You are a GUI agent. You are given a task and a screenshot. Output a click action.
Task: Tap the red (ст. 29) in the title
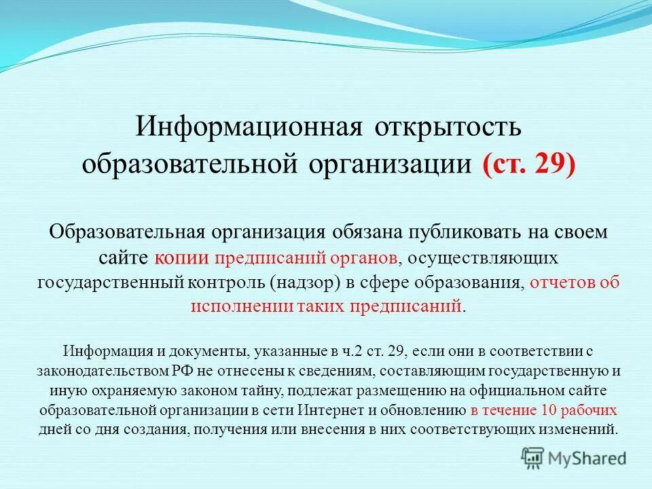(528, 165)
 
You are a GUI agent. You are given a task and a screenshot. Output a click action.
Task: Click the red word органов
(360, 257)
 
